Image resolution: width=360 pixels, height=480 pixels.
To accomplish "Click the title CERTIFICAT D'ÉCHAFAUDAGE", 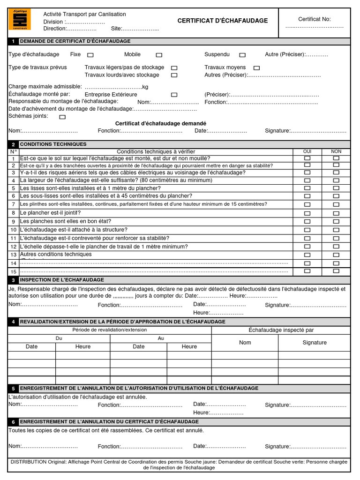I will tap(223, 21).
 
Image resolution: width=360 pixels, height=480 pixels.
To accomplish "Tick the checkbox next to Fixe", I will tap(90, 55).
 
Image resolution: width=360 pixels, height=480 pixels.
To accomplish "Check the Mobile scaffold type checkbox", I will tap(159, 55).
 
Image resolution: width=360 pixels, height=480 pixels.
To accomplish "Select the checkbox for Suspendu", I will tap(242, 55).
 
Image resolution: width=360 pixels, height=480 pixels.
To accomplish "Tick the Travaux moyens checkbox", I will tap(256, 68).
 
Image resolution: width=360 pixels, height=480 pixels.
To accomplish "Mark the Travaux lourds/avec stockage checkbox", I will tap(174, 75).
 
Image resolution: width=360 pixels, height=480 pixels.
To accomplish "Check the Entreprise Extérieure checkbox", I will tap(174, 95).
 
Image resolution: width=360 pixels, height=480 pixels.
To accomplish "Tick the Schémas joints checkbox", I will tap(62, 117).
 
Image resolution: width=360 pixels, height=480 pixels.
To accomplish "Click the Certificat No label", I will tap(315, 19).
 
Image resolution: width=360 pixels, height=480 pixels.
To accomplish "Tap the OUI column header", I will tap(307, 151).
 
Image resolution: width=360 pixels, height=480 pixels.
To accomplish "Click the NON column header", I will tap(336, 151).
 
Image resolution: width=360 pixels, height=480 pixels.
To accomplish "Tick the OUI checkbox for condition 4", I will tap(307, 180).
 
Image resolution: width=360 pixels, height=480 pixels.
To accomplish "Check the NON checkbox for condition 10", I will tap(336, 230).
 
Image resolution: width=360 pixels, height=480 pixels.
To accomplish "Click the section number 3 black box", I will tap(14, 280).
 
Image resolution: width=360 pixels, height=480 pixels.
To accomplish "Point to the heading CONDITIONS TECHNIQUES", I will tap(53, 144).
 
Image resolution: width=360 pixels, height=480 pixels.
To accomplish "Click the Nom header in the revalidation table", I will tap(245, 343).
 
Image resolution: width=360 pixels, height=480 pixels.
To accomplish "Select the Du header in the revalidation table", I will tap(59, 338).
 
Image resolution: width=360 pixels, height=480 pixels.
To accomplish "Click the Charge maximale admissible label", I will tap(45, 87).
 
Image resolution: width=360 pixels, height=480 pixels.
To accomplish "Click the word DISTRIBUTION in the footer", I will tap(28, 462).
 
